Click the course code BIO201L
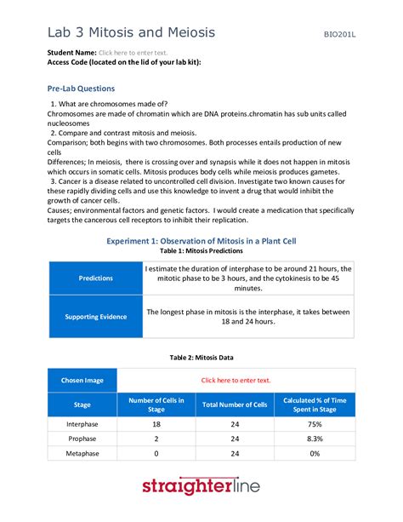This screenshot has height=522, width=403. coord(338,35)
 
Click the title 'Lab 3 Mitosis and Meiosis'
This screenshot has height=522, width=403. coord(131,32)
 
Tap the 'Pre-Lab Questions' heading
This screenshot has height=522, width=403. coord(81,89)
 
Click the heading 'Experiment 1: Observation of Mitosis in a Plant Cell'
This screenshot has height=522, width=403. coord(201,241)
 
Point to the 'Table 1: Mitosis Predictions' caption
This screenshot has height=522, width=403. coord(201,252)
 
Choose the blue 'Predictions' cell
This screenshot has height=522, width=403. coord(95,278)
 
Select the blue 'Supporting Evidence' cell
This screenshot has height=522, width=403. coord(95,317)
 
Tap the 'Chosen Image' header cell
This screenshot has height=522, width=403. coord(82,380)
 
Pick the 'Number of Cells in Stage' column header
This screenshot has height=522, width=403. coord(156,404)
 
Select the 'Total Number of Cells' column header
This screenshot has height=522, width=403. coord(236,404)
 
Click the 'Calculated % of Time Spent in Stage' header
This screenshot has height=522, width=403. coord(315,404)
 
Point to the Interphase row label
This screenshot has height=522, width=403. coord(82,423)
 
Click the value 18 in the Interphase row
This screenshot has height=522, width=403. coord(156,423)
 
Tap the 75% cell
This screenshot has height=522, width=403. coord(315,423)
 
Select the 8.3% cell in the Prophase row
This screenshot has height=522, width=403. coord(315,439)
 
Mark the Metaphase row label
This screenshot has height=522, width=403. coord(82,453)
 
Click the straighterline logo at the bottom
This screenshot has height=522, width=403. coord(201,487)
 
